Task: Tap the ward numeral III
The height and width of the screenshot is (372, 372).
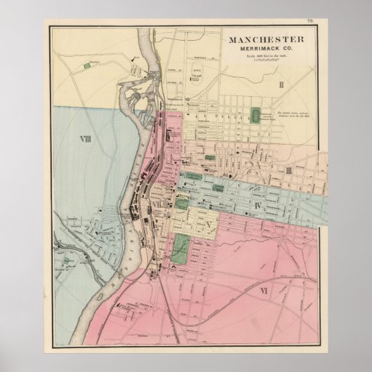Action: click(x=287, y=170)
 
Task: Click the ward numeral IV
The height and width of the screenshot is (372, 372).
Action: click(x=258, y=205)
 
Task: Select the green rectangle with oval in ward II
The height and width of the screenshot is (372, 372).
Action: click(x=255, y=117)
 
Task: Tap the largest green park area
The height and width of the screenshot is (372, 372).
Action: click(x=181, y=249)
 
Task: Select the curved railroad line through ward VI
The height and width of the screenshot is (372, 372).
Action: click(x=232, y=295)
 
